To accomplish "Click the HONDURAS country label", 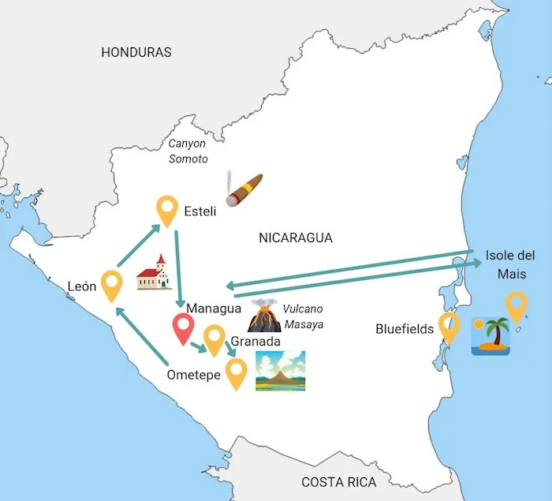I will point(136,52).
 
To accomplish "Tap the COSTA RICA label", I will point(339,482).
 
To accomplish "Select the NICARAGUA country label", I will point(296,237).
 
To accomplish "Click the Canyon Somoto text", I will point(188,151).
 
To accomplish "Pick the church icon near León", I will point(155,272).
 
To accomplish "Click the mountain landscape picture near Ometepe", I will point(280,371).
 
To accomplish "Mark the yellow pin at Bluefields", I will point(449,327).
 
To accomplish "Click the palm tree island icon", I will point(490,335).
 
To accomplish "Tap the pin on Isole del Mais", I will point(516,306).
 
